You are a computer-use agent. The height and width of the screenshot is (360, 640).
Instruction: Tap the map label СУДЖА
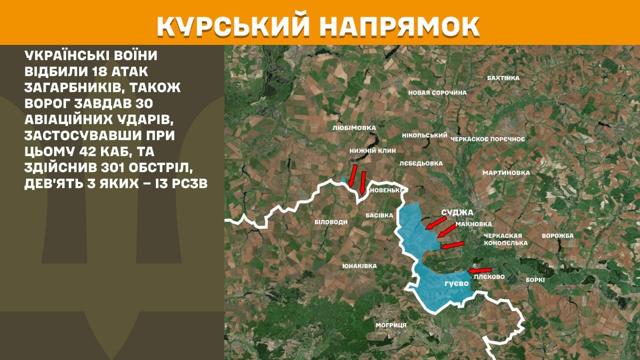point(457,212)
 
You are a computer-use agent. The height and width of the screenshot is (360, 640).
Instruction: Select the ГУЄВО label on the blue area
point(456,283)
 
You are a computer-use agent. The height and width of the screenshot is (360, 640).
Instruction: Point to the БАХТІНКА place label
point(503,78)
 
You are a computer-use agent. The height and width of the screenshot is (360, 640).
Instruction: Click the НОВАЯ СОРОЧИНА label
point(437,92)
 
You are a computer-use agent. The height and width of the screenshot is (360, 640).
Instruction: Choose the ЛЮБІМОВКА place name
point(354,128)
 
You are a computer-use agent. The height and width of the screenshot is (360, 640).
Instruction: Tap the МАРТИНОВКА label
point(505,173)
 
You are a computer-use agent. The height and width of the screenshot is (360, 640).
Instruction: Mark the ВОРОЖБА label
point(557,235)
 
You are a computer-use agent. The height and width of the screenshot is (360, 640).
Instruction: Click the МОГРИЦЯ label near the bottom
point(391,325)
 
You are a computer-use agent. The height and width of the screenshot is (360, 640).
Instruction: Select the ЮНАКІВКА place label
point(359,266)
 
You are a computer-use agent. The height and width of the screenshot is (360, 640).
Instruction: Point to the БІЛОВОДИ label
point(330,221)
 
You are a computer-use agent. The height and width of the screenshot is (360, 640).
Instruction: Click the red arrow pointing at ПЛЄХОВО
point(479,270)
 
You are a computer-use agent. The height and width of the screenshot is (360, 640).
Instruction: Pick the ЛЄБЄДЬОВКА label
point(421,163)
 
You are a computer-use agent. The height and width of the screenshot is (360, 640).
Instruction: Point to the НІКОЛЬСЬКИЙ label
point(424,135)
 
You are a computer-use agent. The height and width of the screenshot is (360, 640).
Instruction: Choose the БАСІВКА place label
point(379,215)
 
